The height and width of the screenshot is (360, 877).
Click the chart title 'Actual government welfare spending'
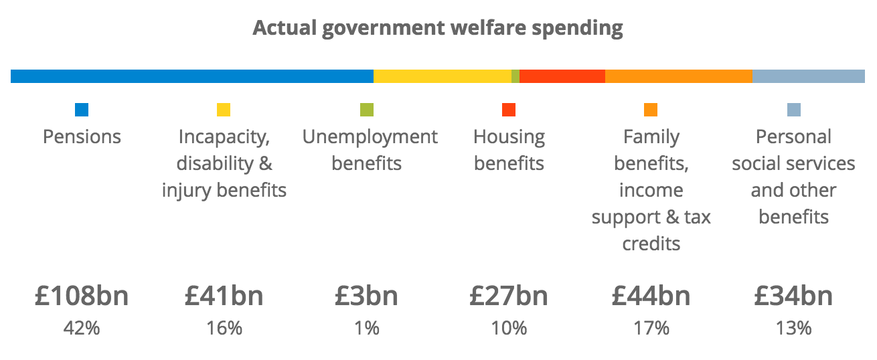(x=438, y=29)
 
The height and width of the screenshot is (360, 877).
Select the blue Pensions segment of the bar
(x=191, y=76)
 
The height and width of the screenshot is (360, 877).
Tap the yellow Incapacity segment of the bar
(x=442, y=76)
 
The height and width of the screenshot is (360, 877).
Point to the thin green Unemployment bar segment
(x=515, y=76)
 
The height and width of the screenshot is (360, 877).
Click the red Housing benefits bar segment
(x=562, y=76)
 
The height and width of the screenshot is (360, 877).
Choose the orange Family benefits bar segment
(x=678, y=76)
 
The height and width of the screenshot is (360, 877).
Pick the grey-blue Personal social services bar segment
(x=808, y=76)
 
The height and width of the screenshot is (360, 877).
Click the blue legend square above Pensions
(x=82, y=110)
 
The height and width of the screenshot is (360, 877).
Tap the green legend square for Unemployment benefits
(x=367, y=110)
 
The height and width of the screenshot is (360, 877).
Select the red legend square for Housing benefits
(x=509, y=110)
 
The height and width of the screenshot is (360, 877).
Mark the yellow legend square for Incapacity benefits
(x=224, y=110)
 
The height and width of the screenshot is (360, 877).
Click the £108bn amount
(x=82, y=296)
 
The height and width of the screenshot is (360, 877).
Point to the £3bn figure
(x=367, y=296)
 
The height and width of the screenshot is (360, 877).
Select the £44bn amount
(x=651, y=296)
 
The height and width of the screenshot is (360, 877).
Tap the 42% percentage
(x=82, y=329)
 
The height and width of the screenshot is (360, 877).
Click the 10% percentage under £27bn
(x=509, y=329)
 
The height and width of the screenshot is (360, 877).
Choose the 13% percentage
(x=793, y=329)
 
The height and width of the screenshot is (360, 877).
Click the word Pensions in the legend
(x=82, y=137)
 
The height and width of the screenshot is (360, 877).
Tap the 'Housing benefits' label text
(x=509, y=150)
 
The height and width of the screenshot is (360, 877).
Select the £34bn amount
(x=793, y=296)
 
